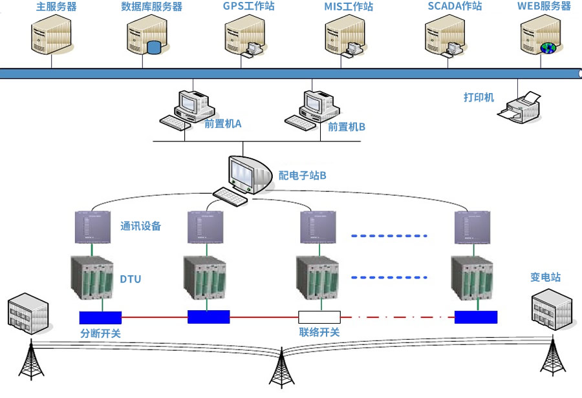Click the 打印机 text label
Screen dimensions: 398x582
(x=479, y=97)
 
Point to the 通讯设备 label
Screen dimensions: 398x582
(x=140, y=226)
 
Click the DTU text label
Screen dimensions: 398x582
(x=130, y=279)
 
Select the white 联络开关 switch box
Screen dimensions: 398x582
(x=319, y=317)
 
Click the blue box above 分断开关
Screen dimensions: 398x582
(x=100, y=317)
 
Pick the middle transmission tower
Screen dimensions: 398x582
(x=281, y=368)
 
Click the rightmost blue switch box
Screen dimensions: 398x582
(x=475, y=317)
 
